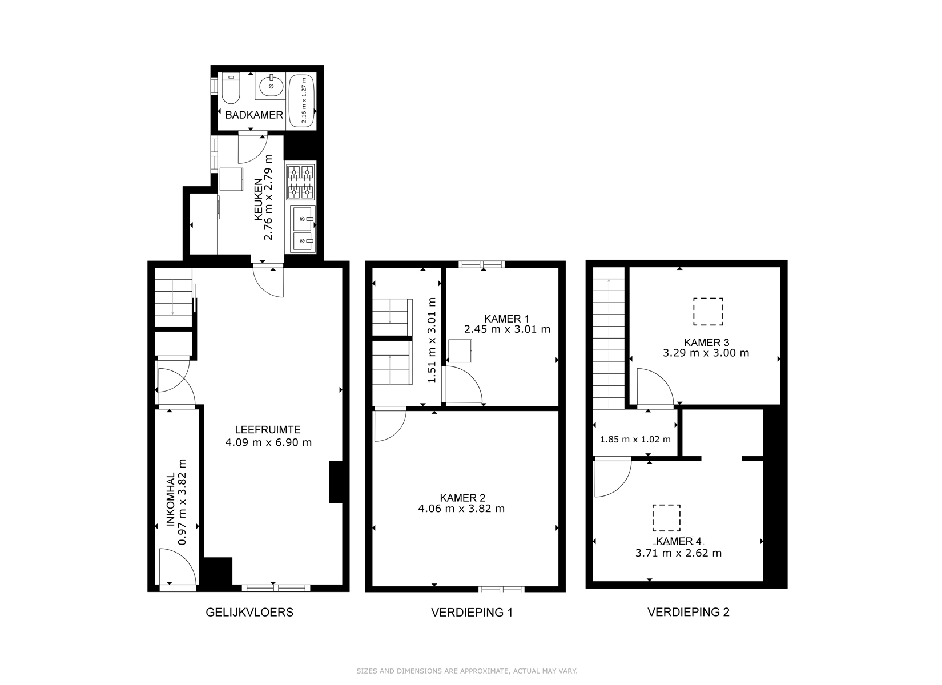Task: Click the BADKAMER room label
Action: pyautogui.click(x=254, y=115)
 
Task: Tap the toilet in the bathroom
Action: pyautogui.click(x=231, y=88)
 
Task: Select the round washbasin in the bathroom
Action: pyautogui.click(x=271, y=86)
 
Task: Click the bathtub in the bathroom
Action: pyautogui.click(x=303, y=100)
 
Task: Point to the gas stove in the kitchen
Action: pyautogui.click(x=301, y=182)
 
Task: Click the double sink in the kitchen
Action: pyautogui.click(x=303, y=229)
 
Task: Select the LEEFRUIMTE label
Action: pyautogui.click(x=268, y=430)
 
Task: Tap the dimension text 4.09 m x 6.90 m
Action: pyautogui.click(x=268, y=442)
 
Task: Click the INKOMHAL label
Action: pyautogui.click(x=170, y=499)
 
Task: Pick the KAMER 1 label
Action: pyautogui.click(x=506, y=319)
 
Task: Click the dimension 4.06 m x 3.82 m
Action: pyautogui.click(x=461, y=509)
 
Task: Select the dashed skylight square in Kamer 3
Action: pyautogui.click(x=708, y=312)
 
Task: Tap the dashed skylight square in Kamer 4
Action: pyautogui.click(x=667, y=518)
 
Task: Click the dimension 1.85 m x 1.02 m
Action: pyautogui.click(x=635, y=440)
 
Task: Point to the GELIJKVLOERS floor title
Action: pyautogui.click(x=249, y=613)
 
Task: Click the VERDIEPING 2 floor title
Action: pyautogui.click(x=689, y=613)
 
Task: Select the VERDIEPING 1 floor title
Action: pyautogui.click(x=472, y=613)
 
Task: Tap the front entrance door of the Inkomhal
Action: pyautogui.click(x=178, y=566)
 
